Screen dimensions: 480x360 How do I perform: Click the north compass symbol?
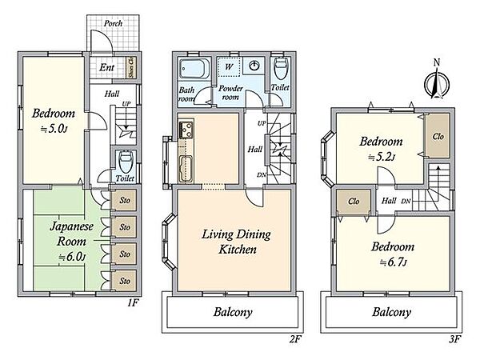(437, 83)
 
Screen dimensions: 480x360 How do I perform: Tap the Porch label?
(113, 23)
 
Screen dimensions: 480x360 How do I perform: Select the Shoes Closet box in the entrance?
(132, 68)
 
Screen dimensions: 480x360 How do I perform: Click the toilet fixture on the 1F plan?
(126, 162)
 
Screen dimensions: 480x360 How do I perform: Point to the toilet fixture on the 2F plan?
(281, 69)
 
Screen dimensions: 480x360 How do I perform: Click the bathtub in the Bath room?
(194, 69)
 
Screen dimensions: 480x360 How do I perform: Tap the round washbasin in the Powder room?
(254, 66)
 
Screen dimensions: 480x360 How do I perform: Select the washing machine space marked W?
(229, 66)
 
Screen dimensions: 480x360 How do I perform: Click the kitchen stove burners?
(186, 130)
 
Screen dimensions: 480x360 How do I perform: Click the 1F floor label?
(133, 303)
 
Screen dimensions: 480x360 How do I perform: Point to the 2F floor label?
(295, 339)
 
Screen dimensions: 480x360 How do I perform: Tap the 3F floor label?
(454, 339)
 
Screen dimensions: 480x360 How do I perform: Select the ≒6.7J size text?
(393, 262)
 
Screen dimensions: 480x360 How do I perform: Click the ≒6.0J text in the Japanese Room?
(72, 257)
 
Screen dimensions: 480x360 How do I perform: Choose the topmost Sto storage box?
(124, 201)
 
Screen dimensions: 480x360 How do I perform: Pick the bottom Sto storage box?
(124, 281)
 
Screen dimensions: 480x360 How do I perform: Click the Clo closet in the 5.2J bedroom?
(438, 136)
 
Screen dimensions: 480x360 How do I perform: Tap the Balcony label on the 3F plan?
(391, 312)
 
